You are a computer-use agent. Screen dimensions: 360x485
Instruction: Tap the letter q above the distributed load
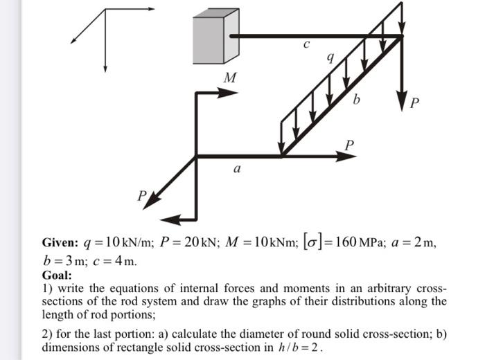point(331,60)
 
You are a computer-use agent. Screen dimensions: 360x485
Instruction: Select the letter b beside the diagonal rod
point(356,101)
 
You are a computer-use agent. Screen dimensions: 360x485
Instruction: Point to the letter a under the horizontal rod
point(238,168)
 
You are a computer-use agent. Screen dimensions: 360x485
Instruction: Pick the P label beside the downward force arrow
point(414,104)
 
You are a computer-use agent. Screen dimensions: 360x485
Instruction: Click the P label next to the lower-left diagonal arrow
point(141,197)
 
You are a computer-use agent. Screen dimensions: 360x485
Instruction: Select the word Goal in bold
point(56,275)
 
